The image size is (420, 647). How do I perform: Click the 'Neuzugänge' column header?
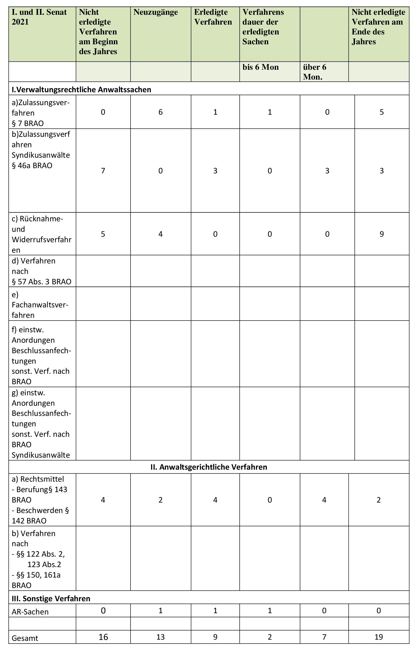pyautogui.click(x=156, y=12)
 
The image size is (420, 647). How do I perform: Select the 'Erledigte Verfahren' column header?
pyautogui.click(x=213, y=17)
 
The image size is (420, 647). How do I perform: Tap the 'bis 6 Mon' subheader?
pyautogui.click(x=260, y=67)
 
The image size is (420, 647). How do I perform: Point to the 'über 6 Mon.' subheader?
pyautogui.click(x=314, y=72)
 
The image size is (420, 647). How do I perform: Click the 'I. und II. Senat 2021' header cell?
pyautogui.click(x=39, y=17)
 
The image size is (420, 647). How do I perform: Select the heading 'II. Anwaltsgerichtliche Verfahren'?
pyautogui.click(x=209, y=467)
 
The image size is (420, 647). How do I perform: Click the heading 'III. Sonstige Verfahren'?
pyautogui.click(x=51, y=598)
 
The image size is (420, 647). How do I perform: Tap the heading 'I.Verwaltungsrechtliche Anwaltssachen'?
pyautogui.click(x=81, y=90)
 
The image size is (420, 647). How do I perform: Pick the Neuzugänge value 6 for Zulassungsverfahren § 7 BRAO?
pyautogui.click(x=160, y=112)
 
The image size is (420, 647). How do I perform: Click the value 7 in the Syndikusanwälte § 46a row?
pyautogui.click(x=103, y=171)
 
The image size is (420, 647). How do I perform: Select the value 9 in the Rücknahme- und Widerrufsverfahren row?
pyautogui.click(x=382, y=234)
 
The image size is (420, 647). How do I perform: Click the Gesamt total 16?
pyautogui.click(x=103, y=637)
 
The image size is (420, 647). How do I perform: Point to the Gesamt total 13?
pyautogui.click(x=160, y=637)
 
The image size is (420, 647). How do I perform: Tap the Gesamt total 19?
pyautogui.click(x=378, y=637)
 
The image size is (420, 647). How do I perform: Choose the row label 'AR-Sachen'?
pyautogui.click(x=26, y=612)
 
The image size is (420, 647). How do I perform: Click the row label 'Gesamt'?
pyautogui.click(x=25, y=638)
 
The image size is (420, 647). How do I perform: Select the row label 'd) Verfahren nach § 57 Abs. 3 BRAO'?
pyautogui.click(x=42, y=271)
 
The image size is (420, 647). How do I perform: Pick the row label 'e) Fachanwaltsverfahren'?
pyautogui.click(x=40, y=305)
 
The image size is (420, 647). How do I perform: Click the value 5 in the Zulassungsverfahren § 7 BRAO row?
pyautogui.click(x=382, y=112)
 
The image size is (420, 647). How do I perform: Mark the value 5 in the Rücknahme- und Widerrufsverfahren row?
pyautogui.click(x=103, y=234)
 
